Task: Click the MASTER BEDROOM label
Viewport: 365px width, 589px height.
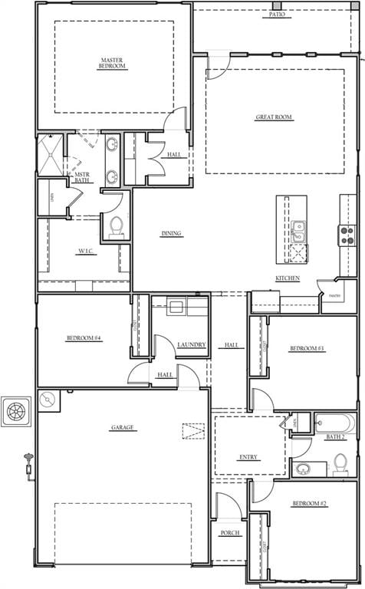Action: (x=113, y=63)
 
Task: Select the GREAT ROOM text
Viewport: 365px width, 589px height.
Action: (x=274, y=117)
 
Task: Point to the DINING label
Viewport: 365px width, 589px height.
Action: (x=171, y=234)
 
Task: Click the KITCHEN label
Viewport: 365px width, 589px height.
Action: (x=288, y=278)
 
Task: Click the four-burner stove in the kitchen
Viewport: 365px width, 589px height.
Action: (x=347, y=235)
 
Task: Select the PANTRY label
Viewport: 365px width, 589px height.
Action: (x=335, y=295)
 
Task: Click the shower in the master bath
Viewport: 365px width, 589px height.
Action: (x=51, y=154)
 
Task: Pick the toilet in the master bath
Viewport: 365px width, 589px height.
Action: (x=116, y=226)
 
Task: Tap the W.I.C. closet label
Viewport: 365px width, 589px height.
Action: (x=84, y=251)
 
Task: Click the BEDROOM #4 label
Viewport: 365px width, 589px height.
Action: (x=84, y=337)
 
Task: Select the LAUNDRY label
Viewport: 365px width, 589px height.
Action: (x=191, y=345)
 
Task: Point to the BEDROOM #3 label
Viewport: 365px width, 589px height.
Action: (x=307, y=349)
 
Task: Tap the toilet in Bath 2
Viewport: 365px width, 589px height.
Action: (x=340, y=463)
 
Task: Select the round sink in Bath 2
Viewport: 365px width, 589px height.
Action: (x=304, y=468)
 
